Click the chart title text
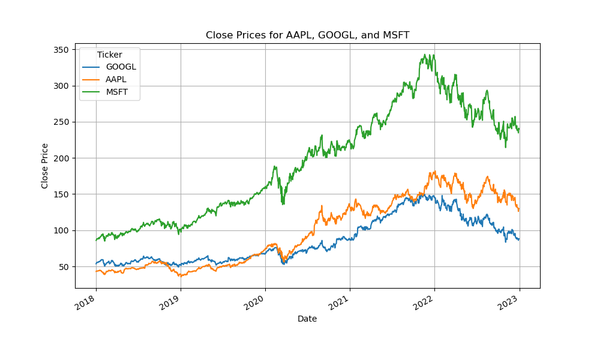[x=307, y=35]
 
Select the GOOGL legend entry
[x=121, y=67]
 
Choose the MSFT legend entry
[x=118, y=92]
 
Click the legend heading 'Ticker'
[x=109, y=55]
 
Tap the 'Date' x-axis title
[x=307, y=319]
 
